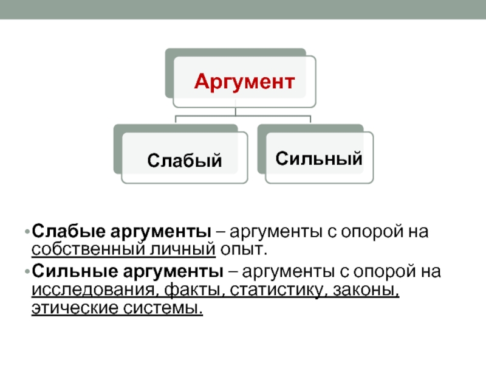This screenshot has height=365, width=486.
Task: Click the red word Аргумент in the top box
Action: [244, 81]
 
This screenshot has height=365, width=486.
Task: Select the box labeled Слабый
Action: [185, 161]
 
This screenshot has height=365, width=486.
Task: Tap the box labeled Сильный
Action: [319, 159]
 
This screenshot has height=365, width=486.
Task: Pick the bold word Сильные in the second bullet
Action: [64, 269]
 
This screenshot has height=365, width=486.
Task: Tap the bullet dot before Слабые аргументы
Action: [27, 232]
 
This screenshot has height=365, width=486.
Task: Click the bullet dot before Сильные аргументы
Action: [27, 270]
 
